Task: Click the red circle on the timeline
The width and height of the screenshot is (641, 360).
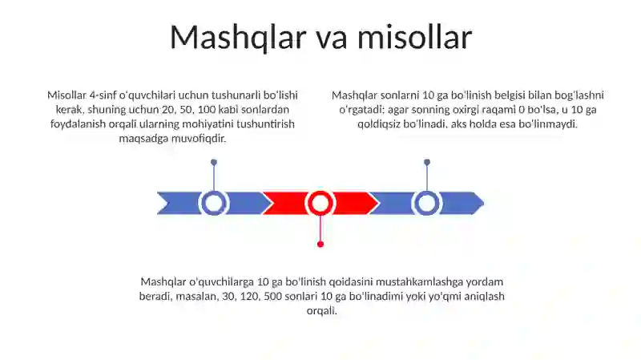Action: click(320, 203)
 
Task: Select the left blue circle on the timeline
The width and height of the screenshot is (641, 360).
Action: click(214, 203)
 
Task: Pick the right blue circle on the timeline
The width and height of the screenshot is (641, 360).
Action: click(427, 203)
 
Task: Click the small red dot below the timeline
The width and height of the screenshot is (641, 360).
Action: click(320, 244)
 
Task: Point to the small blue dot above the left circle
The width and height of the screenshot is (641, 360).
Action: click(214, 162)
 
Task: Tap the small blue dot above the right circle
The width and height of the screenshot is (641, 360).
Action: click(427, 162)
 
